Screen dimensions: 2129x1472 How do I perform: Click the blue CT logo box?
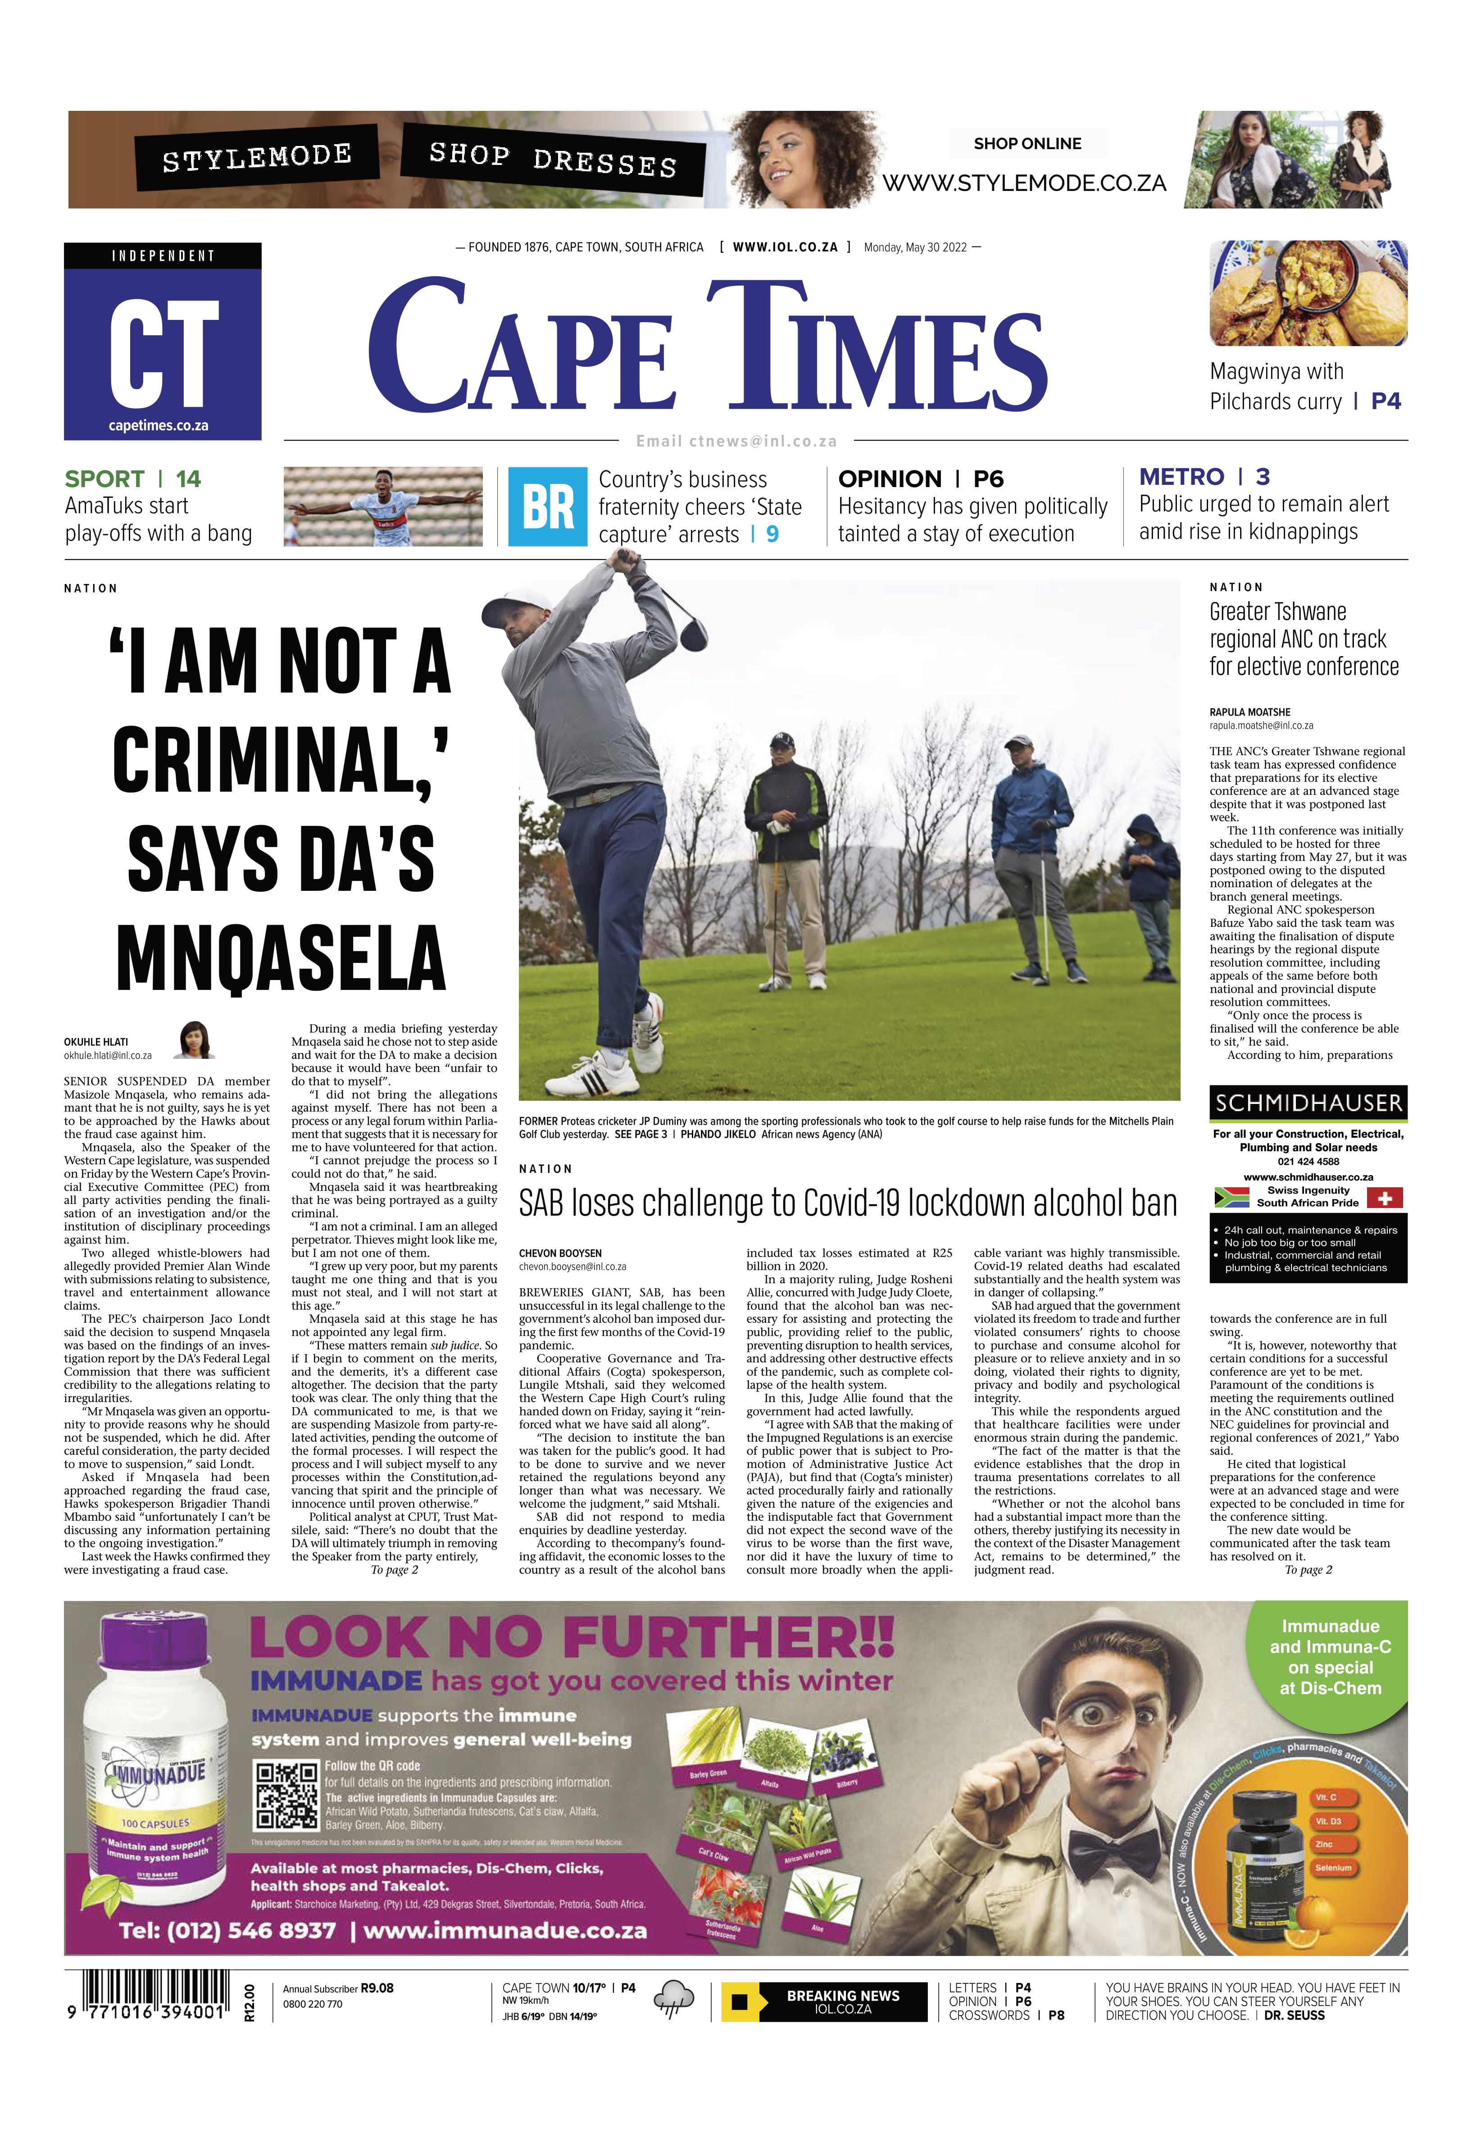pos(162,341)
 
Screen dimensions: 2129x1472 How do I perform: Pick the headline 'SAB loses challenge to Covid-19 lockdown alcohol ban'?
pos(848,1204)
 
